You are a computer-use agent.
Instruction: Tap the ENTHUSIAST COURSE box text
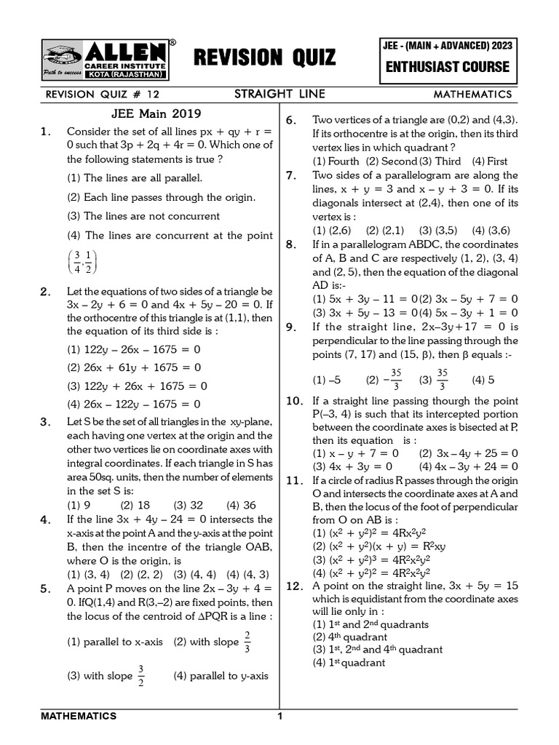coord(447,67)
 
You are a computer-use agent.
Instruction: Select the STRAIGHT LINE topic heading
coord(279,95)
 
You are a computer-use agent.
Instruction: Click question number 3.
coord(46,422)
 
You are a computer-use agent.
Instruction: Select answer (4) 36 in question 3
coord(241,506)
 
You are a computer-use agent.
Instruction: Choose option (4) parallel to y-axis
coord(221,676)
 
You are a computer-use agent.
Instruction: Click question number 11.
coord(293,481)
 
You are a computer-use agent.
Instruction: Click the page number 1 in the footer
coord(279,717)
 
